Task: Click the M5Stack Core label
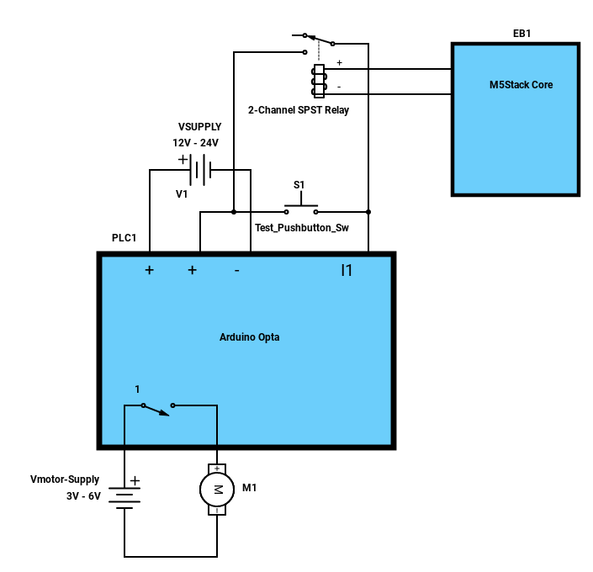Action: (521, 85)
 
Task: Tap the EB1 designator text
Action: (522, 34)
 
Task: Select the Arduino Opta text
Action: (250, 337)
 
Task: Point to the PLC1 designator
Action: (124, 237)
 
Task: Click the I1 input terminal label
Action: (347, 270)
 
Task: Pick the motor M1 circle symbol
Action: (217, 490)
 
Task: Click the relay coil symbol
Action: (319, 81)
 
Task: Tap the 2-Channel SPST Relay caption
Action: (299, 110)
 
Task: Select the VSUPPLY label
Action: (199, 127)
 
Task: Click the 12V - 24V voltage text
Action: (195, 143)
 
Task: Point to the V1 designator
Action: (182, 194)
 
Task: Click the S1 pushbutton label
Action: (299, 185)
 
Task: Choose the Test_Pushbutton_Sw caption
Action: (302, 228)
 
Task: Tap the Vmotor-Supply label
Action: (65, 479)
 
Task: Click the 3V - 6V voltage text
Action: (83, 496)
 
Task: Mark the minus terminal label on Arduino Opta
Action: (236, 271)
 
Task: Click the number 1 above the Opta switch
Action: (137, 389)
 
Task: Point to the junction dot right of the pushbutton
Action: (368, 212)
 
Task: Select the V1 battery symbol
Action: (200, 170)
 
